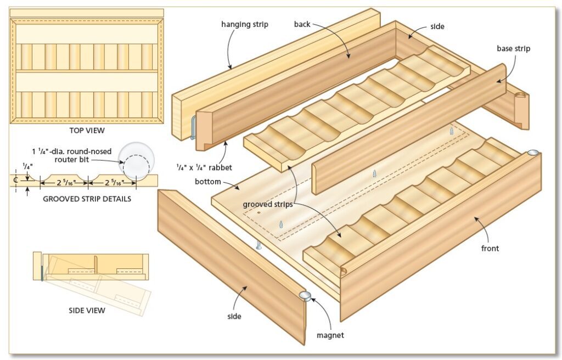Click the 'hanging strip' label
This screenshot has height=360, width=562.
coord(244,25)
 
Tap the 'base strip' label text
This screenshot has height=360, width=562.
coord(514,49)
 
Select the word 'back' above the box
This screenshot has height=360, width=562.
coord(302,24)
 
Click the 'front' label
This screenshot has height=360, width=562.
coord(490,249)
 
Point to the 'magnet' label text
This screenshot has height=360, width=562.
coord(330,335)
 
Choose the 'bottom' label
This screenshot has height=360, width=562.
coord(208,182)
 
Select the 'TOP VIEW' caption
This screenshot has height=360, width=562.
coord(87,131)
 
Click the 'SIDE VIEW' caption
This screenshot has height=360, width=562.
coord(87,311)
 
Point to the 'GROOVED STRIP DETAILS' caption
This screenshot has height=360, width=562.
coord(87,199)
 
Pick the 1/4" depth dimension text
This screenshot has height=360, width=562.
coord(27,166)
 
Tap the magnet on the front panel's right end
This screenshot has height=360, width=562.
coord(533,154)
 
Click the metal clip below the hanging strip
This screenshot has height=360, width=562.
coord(193,128)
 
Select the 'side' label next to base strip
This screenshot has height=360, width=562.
coord(437,26)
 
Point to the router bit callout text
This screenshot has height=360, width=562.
coord(72,155)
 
